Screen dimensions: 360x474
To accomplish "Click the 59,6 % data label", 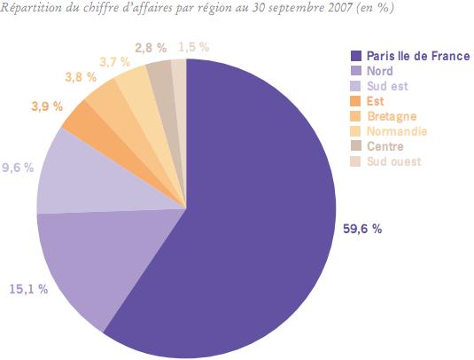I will click(362, 229).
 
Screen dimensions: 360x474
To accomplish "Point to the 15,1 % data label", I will click(28, 289).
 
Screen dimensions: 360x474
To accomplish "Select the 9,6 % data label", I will click(17, 166).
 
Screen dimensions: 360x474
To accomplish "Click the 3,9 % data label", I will click(46, 106).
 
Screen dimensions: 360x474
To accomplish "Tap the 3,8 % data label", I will click(81, 77).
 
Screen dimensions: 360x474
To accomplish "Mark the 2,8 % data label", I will click(151, 46).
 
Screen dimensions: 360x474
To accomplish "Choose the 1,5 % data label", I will click(194, 46).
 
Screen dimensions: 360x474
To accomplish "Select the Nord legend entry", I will click(379, 71).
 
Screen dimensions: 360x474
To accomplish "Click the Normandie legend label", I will click(395, 131).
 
